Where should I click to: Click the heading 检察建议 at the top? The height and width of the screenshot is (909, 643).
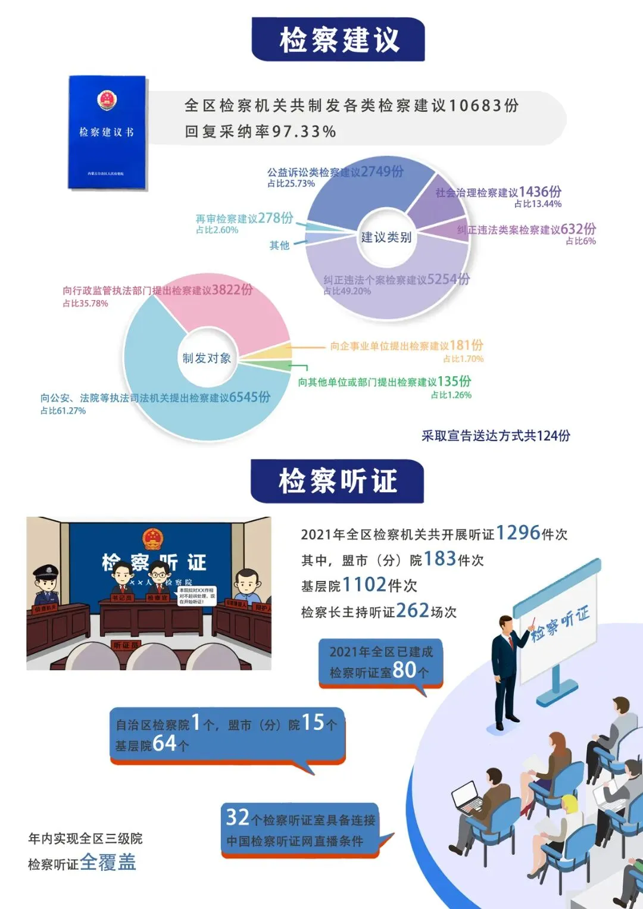pos(338,39)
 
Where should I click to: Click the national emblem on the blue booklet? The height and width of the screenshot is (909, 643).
pos(107,100)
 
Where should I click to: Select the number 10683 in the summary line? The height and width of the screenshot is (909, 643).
pos(475,106)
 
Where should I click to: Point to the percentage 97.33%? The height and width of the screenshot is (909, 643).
pos(304,132)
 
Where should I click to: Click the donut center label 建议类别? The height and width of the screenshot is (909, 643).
pos(386,238)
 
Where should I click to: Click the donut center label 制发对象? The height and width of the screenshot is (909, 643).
pos(207,358)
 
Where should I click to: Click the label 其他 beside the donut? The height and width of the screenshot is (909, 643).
pos(279,245)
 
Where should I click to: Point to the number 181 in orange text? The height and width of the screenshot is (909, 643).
pos(459,345)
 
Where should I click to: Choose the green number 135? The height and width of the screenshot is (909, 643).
pos(448,381)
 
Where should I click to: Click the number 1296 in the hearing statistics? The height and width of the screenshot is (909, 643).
pos(517,533)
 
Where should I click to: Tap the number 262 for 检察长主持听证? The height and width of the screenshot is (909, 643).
pos(413,610)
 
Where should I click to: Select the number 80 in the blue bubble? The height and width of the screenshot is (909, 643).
pos(404,670)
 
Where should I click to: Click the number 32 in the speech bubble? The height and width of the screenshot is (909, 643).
pos(238,817)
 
